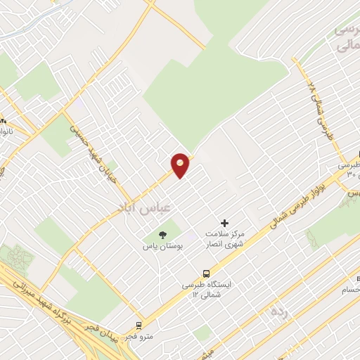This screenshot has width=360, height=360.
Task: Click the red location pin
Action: (x=181, y=165)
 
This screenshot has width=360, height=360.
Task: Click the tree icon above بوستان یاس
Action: (x=163, y=235)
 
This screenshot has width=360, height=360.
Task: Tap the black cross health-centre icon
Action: (x=225, y=224)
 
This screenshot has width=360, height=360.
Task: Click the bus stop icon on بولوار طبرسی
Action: (x=207, y=273)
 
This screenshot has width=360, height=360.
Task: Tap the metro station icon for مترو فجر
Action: (x=139, y=326)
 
